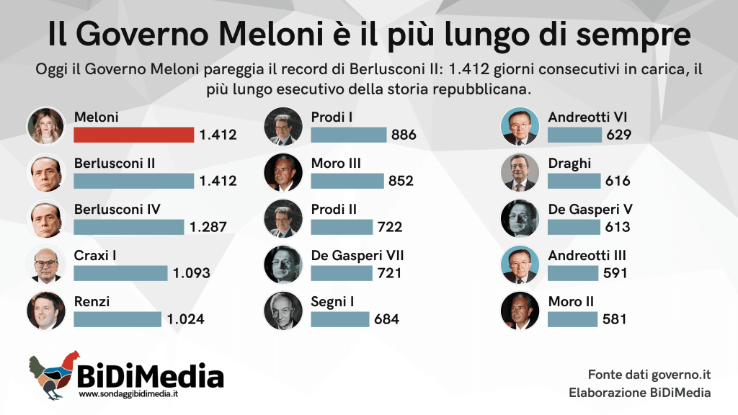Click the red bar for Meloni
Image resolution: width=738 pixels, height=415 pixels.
133,135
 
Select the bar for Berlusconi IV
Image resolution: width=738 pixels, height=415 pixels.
129,227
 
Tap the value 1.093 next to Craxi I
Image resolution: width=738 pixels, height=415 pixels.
192,273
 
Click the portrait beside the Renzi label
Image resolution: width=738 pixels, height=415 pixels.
45,311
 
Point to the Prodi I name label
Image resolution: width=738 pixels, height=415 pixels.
332,117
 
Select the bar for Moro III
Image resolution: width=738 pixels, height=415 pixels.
347,181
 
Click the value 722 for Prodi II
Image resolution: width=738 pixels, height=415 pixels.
390,227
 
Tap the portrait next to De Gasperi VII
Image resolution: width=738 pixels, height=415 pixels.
283,264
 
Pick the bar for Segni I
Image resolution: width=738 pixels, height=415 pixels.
340,319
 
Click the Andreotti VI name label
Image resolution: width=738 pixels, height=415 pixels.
587,117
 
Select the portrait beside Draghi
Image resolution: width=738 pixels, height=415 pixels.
520,172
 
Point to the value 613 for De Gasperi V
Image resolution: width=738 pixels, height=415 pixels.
618,227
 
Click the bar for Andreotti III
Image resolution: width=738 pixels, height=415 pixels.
573,273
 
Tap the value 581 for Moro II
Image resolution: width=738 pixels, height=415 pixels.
615,319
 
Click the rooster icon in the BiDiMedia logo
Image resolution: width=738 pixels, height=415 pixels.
53,375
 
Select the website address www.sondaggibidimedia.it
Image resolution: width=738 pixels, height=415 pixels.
128,394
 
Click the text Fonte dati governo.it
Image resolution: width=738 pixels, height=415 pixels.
649,375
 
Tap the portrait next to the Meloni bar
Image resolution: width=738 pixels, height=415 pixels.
45,126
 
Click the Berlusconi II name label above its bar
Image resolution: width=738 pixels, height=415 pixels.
115,164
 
